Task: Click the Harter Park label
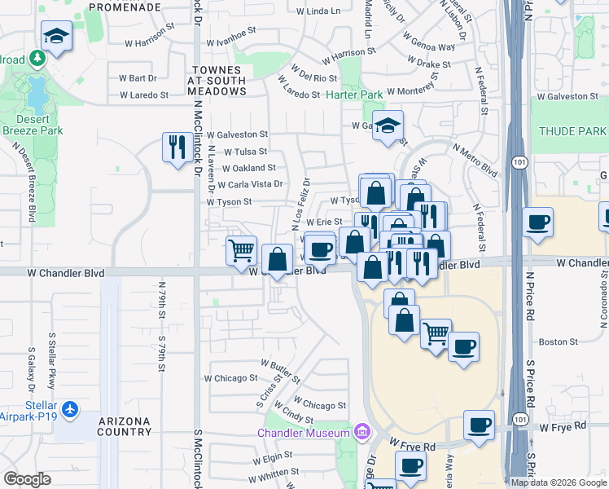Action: [354, 95]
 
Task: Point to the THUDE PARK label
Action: [572, 131]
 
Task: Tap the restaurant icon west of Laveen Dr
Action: [177, 148]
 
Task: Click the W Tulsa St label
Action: [245, 152]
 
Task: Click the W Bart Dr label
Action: [138, 78]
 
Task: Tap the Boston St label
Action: [558, 342]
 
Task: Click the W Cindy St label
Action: [297, 418]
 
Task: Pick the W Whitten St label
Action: [274, 473]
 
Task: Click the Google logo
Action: [27, 479]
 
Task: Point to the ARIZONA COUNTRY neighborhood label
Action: [125, 425]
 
